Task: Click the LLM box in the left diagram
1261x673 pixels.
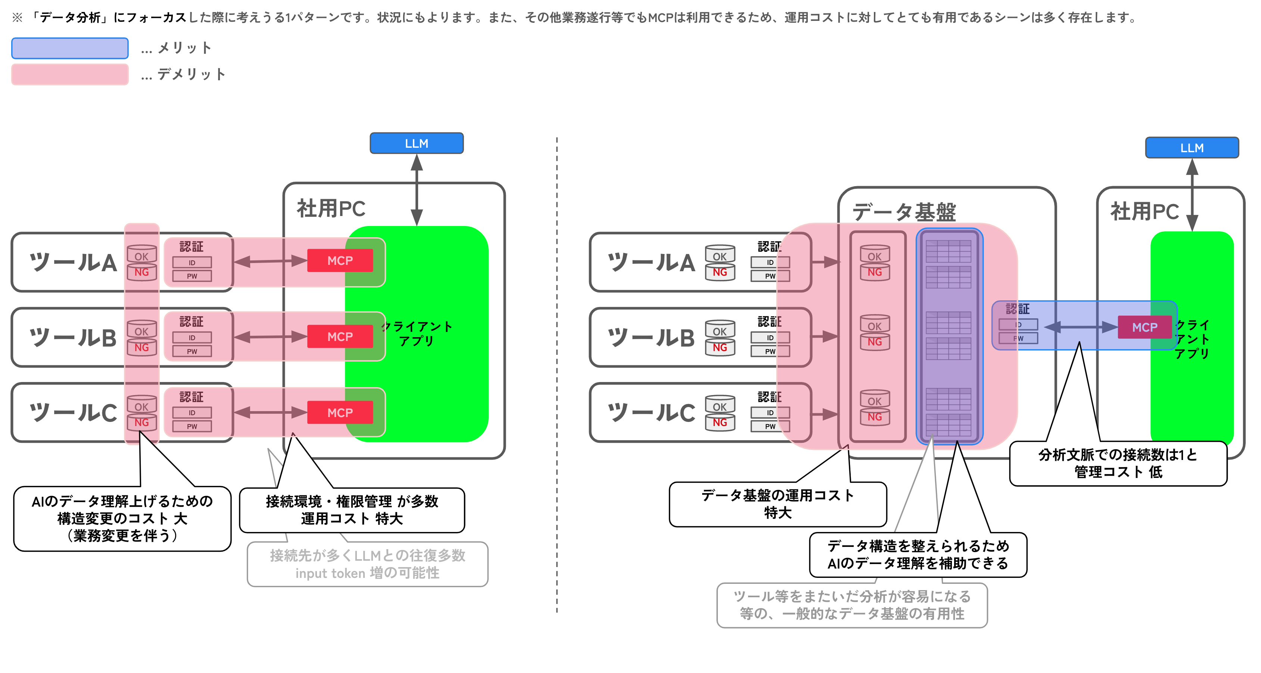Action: pos(416,143)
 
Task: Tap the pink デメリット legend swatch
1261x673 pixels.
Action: pos(70,74)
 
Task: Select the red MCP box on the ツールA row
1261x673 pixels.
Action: pos(340,260)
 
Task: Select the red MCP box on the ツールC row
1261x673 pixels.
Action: pos(340,412)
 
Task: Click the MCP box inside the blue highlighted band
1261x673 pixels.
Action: pos(1144,327)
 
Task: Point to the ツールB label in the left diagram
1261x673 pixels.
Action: pos(74,338)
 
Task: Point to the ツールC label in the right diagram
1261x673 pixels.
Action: pos(651,412)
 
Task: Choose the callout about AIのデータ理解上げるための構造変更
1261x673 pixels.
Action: pos(122,519)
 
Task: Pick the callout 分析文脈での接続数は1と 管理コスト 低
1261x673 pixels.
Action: pos(1118,463)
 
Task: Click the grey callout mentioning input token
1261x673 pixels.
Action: pos(367,564)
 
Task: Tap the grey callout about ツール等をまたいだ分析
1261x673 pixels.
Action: pos(852,605)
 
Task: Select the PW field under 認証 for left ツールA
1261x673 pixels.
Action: pos(192,276)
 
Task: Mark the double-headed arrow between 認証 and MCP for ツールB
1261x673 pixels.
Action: pos(270,336)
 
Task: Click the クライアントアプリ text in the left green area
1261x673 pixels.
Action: pos(416,333)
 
